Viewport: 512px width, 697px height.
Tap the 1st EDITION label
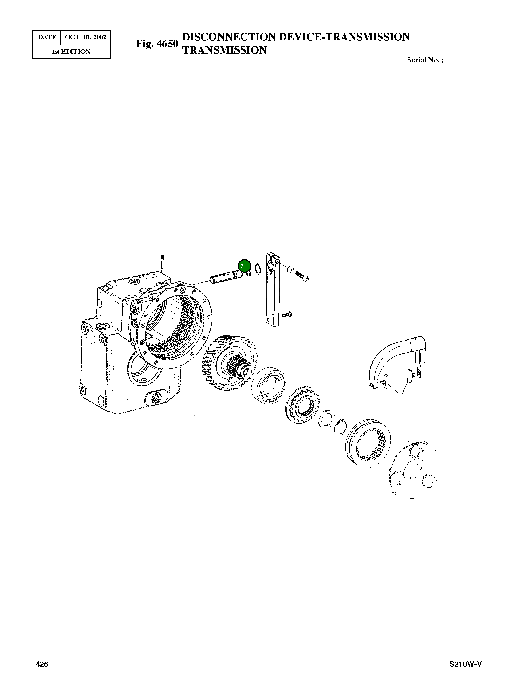[x=71, y=52]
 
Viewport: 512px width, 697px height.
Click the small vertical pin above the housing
[x=162, y=262]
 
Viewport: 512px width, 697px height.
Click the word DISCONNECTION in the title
[x=229, y=37]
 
